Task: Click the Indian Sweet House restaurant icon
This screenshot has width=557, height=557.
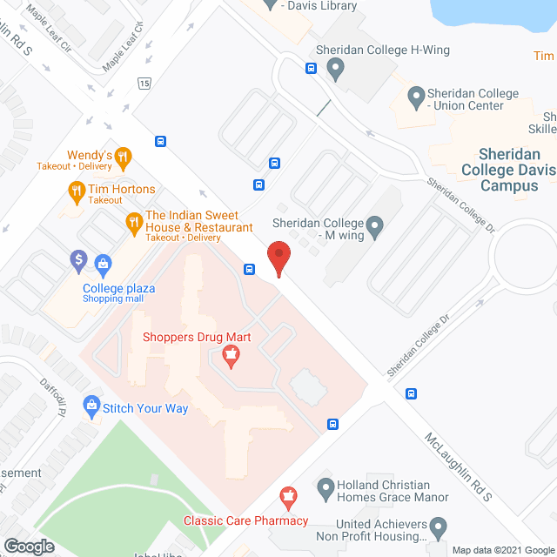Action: coord(134,223)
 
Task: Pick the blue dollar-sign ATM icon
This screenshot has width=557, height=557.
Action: coord(78,258)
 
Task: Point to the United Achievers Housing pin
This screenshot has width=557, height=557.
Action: coord(438,526)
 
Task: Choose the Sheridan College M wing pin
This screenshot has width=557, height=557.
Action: coord(375,228)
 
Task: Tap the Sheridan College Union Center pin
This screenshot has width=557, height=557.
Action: coord(415,94)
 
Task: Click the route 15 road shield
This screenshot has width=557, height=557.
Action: coord(143,83)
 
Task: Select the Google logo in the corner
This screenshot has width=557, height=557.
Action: coord(28,547)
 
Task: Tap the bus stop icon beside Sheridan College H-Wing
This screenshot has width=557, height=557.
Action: coord(311,69)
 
